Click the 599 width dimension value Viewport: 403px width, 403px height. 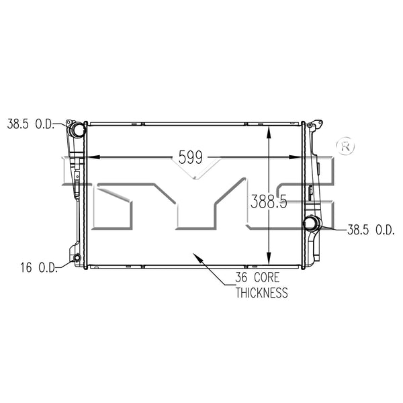(x=191, y=157)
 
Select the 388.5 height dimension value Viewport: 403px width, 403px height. (x=269, y=201)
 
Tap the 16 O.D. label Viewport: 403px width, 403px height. (x=38, y=267)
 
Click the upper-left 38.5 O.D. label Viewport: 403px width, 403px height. (x=31, y=124)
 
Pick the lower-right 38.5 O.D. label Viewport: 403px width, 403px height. (x=371, y=230)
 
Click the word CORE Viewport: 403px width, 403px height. (x=267, y=277)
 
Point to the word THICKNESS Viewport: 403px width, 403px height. (x=262, y=293)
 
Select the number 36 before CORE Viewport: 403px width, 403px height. (x=241, y=277)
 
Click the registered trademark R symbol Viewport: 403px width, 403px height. (x=345, y=146)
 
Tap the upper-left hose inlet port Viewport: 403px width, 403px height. (x=77, y=130)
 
